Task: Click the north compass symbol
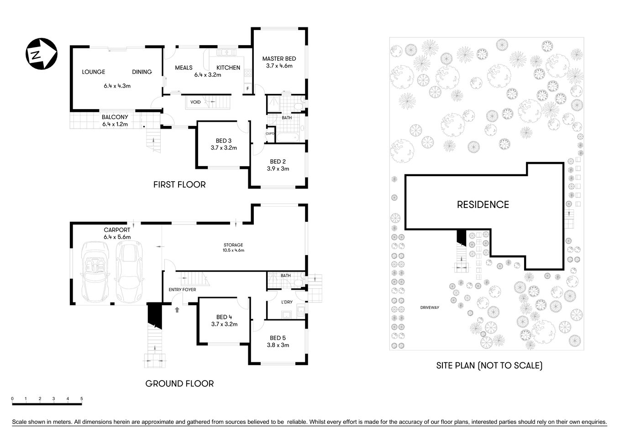click(41, 54)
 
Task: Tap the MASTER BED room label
click(279, 59)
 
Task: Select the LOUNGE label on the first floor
click(94, 72)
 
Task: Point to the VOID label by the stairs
click(195, 102)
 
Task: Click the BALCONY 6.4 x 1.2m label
click(115, 120)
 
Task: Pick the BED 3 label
click(224, 141)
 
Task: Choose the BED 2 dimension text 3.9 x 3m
click(278, 169)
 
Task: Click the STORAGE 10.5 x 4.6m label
click(233, 247)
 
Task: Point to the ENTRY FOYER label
click(182, 290)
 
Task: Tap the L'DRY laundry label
click(287, 302)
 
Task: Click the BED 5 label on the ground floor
click(278, 338)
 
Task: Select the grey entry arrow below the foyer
click(177, 310)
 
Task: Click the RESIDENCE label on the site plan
click(483, 205)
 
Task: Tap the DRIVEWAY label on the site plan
click(429, 308)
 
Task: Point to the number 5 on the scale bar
click(82, 399)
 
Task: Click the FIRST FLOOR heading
click(179, 185)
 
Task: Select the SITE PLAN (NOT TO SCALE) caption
click(489, 365)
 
